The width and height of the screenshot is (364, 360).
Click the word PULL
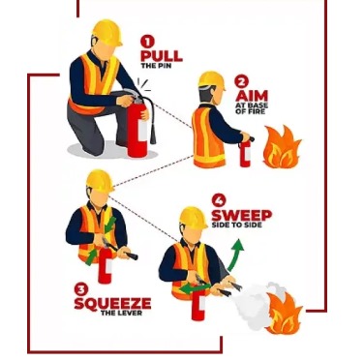click(x=162, y=56)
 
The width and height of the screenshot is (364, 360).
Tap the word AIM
click(x=252, y=96)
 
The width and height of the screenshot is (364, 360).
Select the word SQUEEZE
click(x=112, y=304)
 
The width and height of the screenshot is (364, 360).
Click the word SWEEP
click(x=242, y=215)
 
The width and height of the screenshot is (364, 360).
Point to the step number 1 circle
click(x=147, y=42)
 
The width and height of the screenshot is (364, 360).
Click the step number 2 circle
click(x=241, y=81)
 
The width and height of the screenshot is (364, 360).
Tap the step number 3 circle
click(x=81, y=289)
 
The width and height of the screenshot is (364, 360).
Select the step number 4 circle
click(x=219, y=200)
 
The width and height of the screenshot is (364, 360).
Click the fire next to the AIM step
click(x=282, y=147)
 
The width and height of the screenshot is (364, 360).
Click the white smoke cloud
click(x=255, y=305)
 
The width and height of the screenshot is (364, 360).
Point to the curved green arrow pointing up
click(x=234, y=255)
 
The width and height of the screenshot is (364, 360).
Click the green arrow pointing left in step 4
click(x=195, y=287)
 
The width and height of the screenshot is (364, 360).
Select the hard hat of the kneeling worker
click(x=107, y=32)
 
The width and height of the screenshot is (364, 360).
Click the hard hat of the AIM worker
click(x=212, y=80)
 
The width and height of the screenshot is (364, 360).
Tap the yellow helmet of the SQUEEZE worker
click(x=100, y=181)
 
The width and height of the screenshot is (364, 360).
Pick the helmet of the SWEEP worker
click(x=194, y=218)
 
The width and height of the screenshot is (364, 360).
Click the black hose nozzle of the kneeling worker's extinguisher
click(x=153, y=135)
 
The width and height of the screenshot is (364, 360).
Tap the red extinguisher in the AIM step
click(x=245, y=153)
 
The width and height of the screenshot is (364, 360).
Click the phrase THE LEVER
click(x=121, y=313)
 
